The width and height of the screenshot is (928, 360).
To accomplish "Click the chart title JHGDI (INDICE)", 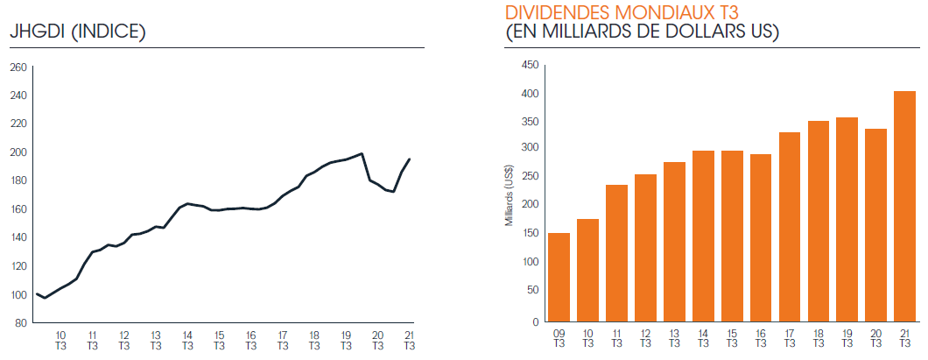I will tap(77, 32).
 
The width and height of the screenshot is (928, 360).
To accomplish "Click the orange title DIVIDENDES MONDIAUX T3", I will tap(622, 13).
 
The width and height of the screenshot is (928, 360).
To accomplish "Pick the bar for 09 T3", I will tap(559, 277).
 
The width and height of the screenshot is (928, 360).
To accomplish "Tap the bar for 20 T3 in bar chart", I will tap(876, 225).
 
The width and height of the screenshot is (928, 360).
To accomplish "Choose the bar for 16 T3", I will tap(761, 237).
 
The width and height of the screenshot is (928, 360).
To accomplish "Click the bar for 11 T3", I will tap(616, 253).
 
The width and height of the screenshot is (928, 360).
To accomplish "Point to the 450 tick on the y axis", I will tap(529, 65).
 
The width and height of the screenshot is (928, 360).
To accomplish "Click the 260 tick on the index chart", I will tap(18, 67).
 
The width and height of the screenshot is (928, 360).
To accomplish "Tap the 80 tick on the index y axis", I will tap(20, 323).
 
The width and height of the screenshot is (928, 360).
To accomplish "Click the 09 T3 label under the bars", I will tap(559, 339).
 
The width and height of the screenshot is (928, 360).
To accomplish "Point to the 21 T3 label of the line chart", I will tap(409, 340).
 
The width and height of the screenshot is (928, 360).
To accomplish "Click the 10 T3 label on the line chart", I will tap(60, 340).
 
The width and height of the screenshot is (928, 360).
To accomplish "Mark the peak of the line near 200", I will tap(362, 153).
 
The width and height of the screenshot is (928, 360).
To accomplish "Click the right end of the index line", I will tap(410, 159).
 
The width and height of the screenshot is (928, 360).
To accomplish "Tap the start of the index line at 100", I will tap(36, 293).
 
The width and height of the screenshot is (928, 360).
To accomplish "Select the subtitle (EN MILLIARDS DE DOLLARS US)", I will tap(643, 32).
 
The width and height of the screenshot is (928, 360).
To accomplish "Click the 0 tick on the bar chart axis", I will tap(534, 321).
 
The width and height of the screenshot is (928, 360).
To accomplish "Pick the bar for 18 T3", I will tap(819, 221).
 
